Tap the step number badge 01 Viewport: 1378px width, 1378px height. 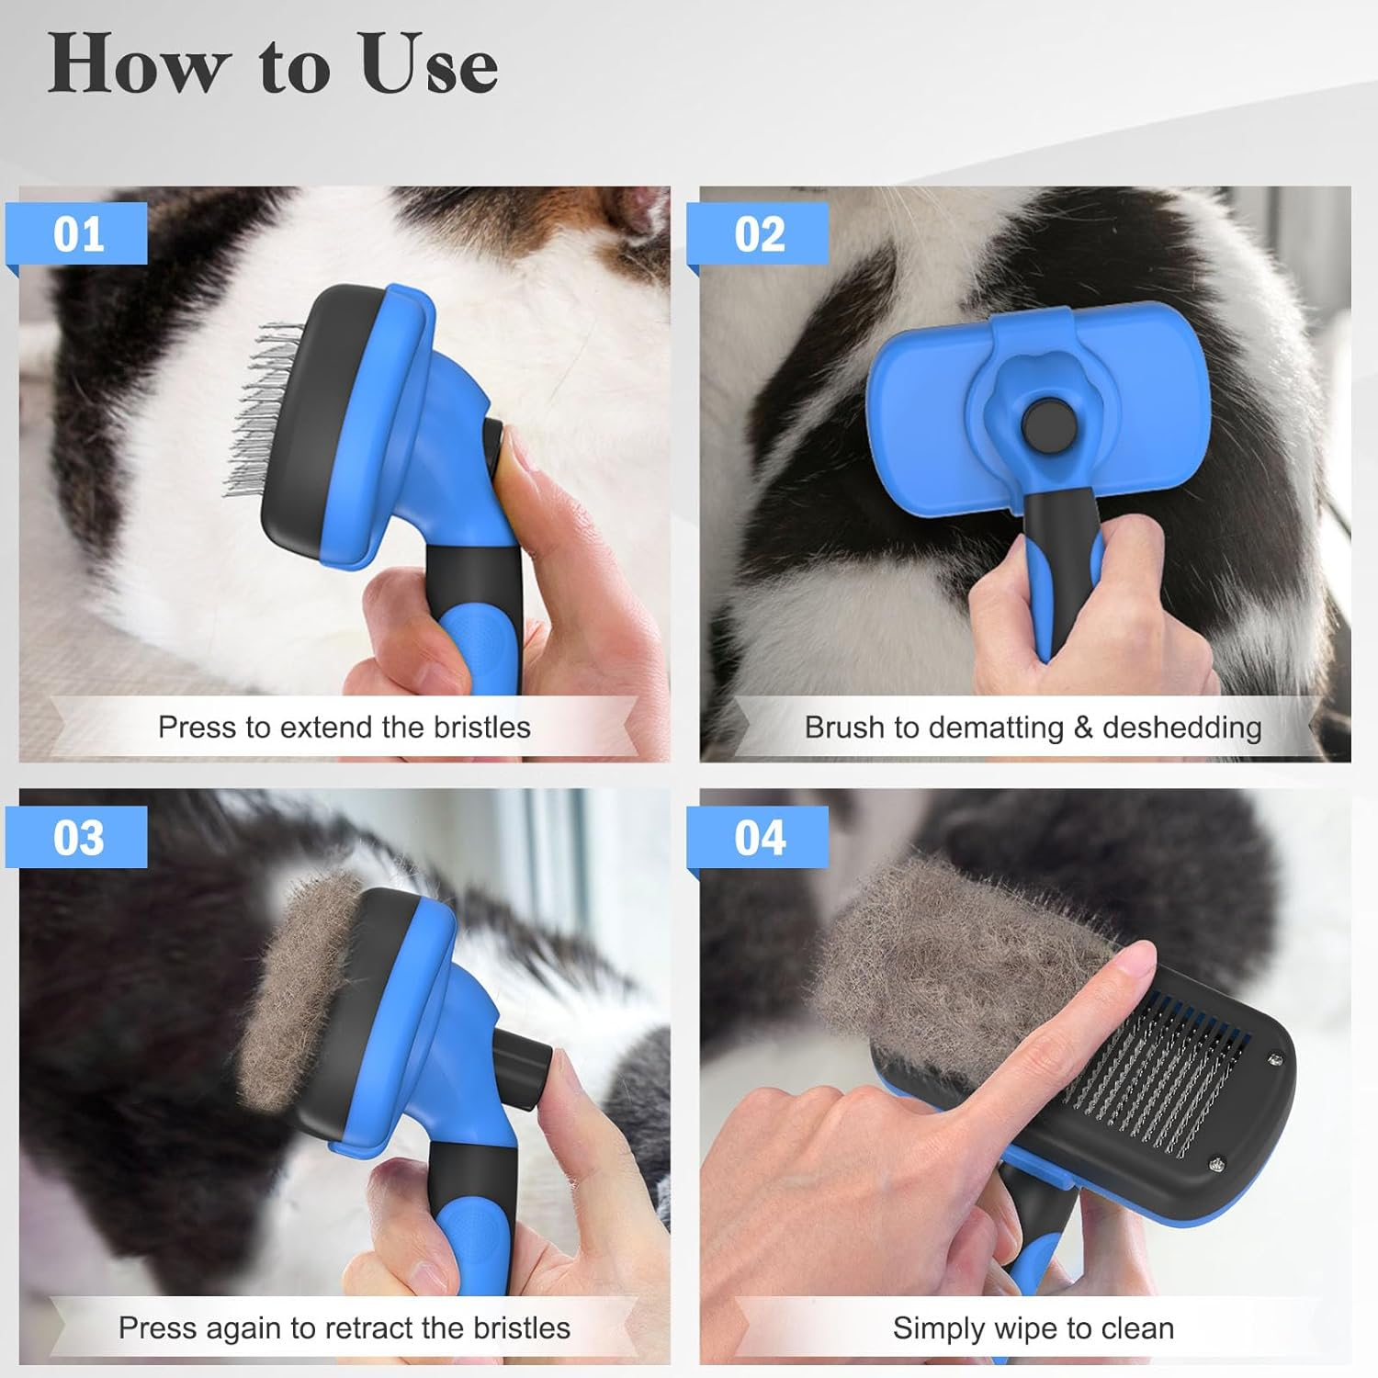[78, 234]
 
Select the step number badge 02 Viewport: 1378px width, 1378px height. [760, 234]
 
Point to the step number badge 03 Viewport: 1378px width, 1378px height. [78, 837]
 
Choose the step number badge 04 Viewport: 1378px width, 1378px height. [760, 837]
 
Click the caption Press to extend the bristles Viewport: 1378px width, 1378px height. [344, 727]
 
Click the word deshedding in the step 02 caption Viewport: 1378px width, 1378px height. [1181, 727]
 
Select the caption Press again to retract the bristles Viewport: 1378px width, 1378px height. [344, 1327]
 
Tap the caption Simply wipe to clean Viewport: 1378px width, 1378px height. [1033, 1327]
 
